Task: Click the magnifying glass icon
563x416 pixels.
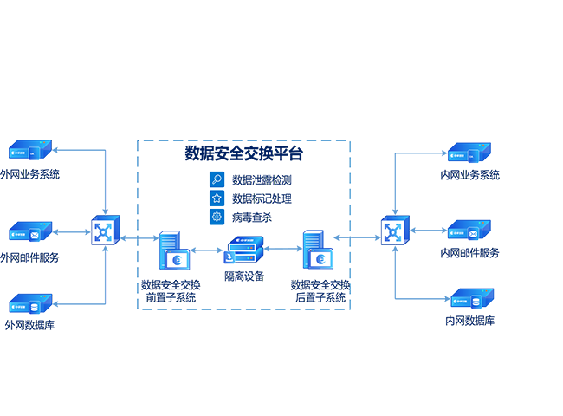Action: (x=217, y=180)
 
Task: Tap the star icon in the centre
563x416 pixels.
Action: (x=217, y=198)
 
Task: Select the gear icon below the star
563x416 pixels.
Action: (x=217, y=215)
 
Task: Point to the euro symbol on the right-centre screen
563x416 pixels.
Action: (x=320, y=259)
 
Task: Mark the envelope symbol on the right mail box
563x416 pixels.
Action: (x=475, y=233)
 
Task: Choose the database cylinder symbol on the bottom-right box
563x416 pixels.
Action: (x=476, y=302)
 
